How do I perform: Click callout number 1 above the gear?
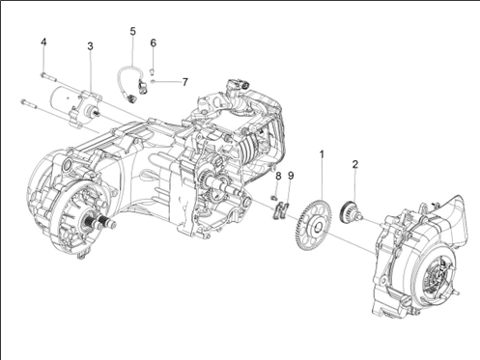(322, 154)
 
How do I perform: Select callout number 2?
(354, 165)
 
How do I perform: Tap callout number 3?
(90, 46)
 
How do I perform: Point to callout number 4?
(43, 42)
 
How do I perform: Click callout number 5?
(132, 31)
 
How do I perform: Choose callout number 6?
(154, 42)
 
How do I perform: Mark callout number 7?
(184, 82)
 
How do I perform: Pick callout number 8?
(278, 176)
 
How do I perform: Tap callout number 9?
(291, 176)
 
